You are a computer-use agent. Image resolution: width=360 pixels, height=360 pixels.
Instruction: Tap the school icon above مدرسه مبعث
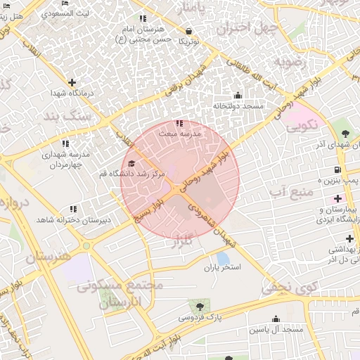tap(179, 122)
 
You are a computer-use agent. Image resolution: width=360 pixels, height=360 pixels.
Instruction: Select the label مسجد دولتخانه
tap(238, 105)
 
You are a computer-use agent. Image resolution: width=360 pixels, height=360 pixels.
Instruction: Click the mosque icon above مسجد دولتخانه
tap(237, 95)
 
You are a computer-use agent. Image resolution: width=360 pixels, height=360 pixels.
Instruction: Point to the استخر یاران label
tap(222, 269)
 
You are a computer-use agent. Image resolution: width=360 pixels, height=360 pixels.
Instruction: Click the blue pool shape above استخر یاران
tap(223, 258)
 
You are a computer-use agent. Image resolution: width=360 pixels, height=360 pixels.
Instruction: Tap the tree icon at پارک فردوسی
tap(200, 307)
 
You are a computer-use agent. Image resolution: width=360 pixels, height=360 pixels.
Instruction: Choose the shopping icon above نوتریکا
tap(189, 31)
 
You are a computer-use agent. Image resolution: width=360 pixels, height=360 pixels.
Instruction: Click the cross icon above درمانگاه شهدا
tap(71, 82)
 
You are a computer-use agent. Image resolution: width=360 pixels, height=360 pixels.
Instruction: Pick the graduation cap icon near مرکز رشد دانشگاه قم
tap(131, 164)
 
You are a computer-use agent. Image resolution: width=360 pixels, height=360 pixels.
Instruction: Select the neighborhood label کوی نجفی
tap(290, 287)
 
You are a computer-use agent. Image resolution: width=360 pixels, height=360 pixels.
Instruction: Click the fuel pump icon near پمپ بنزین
tap(338, 169)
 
